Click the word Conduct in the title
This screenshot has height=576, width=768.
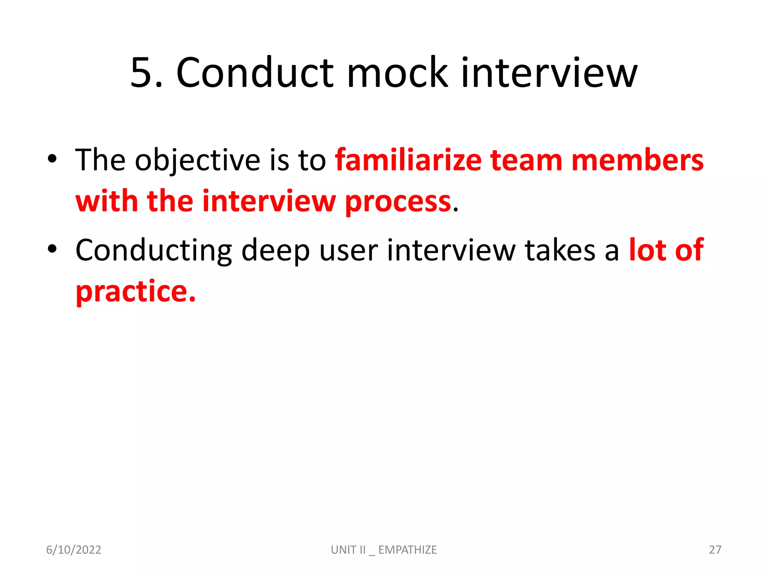click(255, 73)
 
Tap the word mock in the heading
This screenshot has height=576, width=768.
click(397, 73)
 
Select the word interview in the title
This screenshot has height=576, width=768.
click(549, 73)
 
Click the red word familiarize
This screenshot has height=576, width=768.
click(408, 160)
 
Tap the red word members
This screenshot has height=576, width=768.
click(637, 160)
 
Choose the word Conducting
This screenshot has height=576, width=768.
click(154, 250)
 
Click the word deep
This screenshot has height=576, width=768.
click(276, 250)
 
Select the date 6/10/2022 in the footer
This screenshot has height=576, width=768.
click(73, 550)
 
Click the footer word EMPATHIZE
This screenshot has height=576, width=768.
click(408, 550)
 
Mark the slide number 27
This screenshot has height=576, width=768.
click(715, 550)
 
